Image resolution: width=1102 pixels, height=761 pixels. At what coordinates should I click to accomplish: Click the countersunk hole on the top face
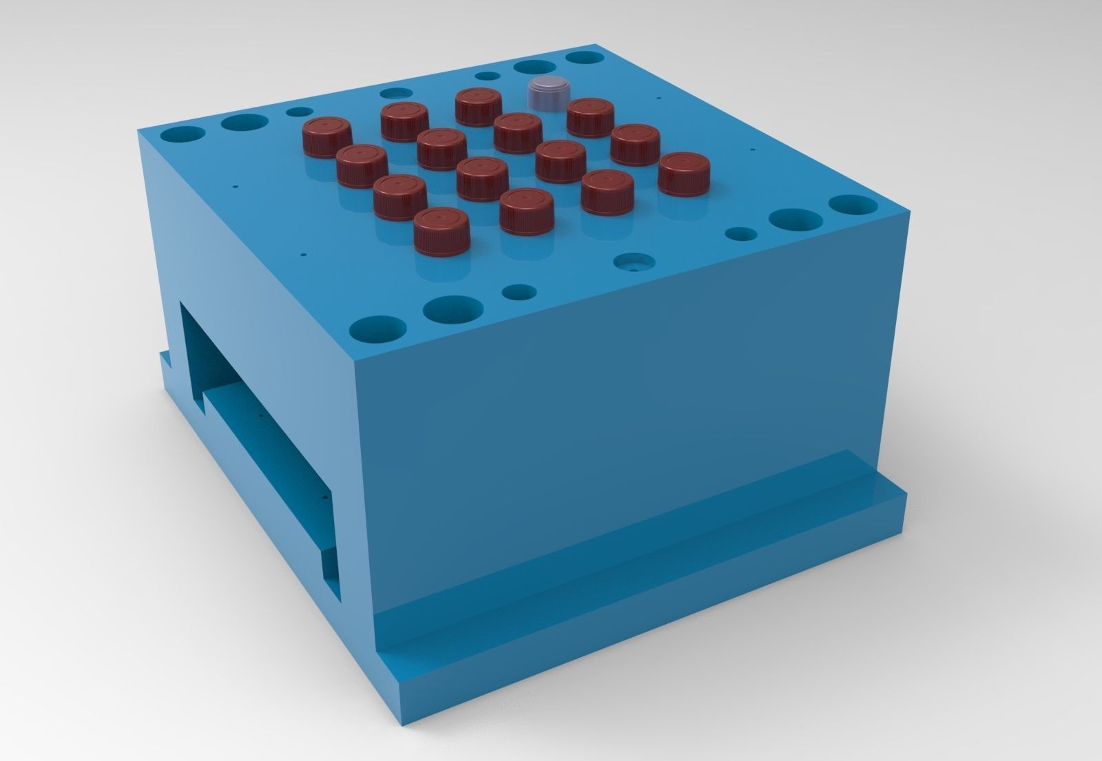coord(632,263)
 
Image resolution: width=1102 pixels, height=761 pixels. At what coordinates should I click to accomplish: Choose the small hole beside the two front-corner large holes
coord(519,292)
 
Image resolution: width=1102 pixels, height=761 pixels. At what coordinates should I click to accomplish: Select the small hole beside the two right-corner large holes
coord(741,235)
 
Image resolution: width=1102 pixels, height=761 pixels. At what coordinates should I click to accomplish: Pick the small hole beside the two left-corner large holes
coord(299,112)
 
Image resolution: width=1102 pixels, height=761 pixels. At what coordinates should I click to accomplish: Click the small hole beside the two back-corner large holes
coord(488,76)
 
